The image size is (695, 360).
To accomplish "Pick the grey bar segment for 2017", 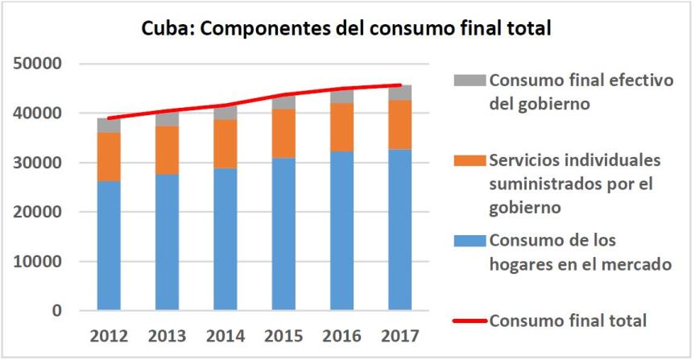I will [399, 93].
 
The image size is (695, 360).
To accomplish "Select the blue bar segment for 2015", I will [283, 234].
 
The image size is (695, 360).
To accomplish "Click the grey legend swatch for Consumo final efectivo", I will [470, 81].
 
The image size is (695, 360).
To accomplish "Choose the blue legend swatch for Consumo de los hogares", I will [470, 241].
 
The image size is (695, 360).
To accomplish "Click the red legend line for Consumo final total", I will [470, 321].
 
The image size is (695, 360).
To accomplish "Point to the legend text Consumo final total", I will [569, 321].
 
